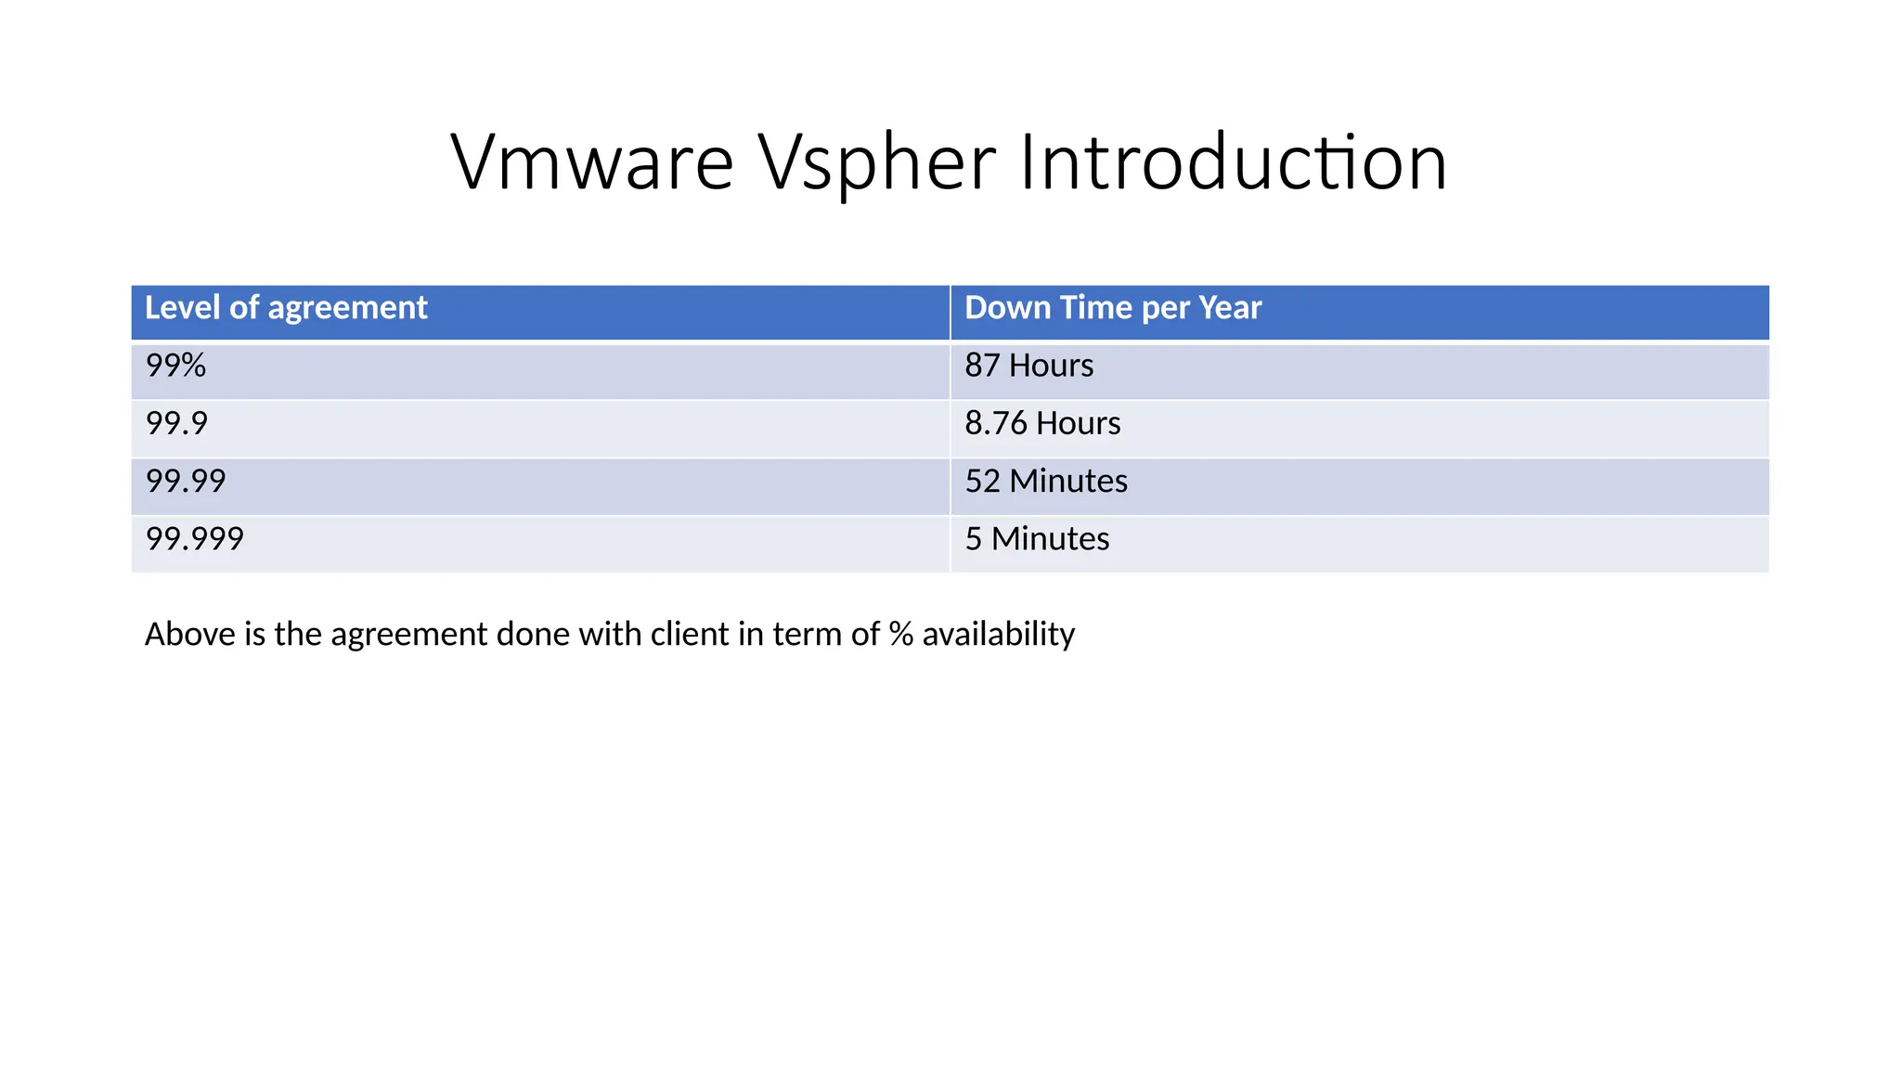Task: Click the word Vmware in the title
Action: [592, 162]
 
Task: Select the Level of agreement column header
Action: [286, 308]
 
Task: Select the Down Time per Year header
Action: [1113, 308]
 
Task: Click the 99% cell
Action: [175, 366]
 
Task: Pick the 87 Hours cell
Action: [1028, 366]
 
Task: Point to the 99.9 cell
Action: [176, 423]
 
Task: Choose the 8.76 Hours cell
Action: [1042, 423]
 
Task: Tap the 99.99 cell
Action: [186, 481]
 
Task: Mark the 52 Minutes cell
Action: [1046, 481]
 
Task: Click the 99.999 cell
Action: [195, 539]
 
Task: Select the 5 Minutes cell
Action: [1037, 539]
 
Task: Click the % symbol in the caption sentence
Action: [900, 634]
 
